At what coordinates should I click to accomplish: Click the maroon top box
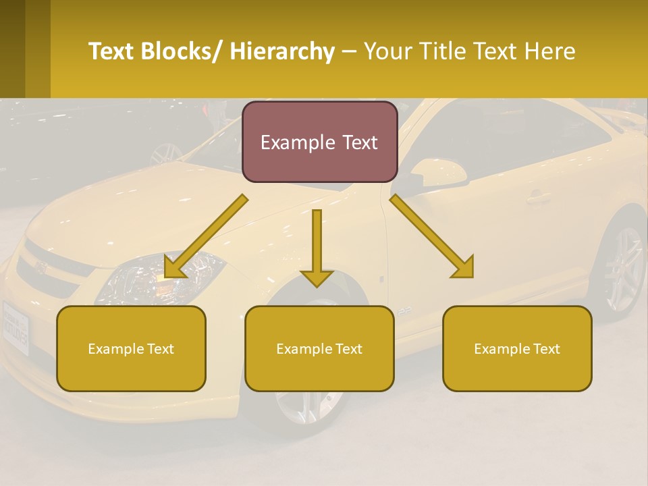click(x=319, y=142)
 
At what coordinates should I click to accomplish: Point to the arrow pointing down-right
click(x=433, y=236)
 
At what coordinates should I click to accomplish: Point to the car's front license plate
click(x=16, y=327)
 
